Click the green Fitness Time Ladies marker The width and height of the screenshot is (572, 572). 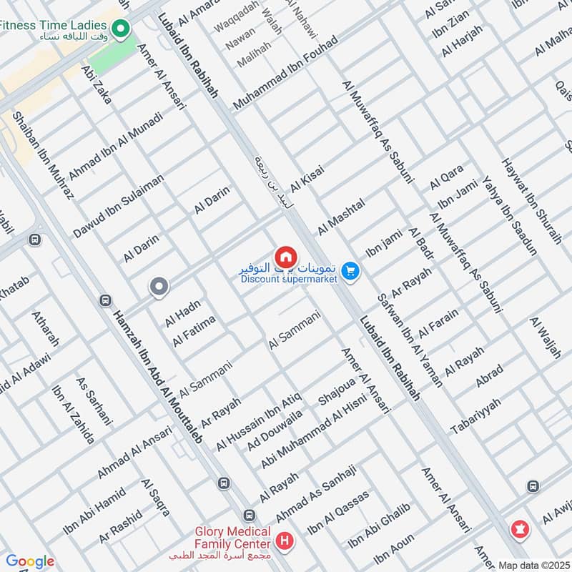click(x=121, y=29)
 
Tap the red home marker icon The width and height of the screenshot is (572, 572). click(x=285, y=256)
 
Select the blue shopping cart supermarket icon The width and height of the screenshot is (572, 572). click(x=350, y=270)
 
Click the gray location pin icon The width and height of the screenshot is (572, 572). click(x=159, y=287)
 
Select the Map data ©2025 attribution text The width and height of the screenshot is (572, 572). click(x=533, y=565)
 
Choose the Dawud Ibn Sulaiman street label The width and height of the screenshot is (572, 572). click(x=119, y=206)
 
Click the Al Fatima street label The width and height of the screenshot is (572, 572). click(x=194, y=331)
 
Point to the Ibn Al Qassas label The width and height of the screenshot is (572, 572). click(x=339, y=512)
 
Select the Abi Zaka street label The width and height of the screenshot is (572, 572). click(x=97, y=86)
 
